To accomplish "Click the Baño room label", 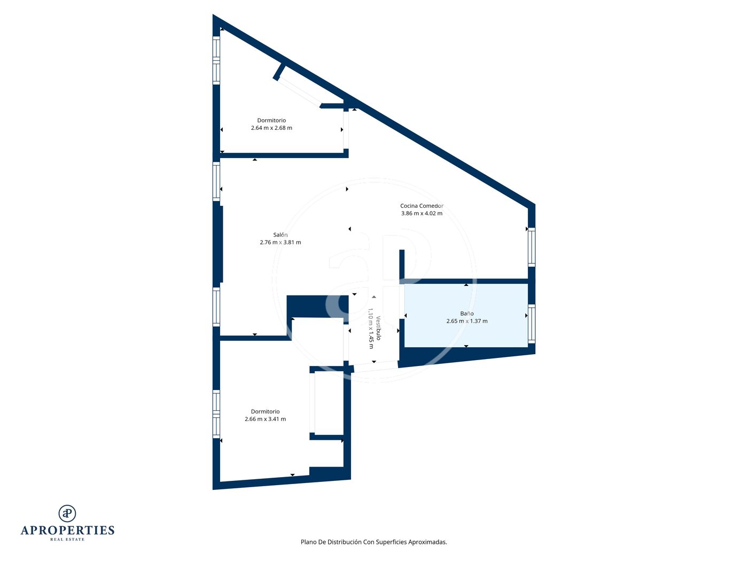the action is pyautogui.click(x=466, y=314).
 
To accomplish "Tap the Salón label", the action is pyautogui.click(x=280, y=235).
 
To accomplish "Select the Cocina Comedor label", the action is pyautogui.click(x=422, y=206).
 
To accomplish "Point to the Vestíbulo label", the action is pyautogui.click(x=378, y=328).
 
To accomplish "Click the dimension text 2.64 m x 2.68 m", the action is pyautogui.click(x=271, y=128).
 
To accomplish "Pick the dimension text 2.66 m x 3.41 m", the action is pyautogui.click(x=265, y=419).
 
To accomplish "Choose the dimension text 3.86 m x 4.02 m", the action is pyautogui.click(x=422, y=214).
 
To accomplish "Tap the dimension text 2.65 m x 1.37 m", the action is pyautogui.click(x=466, y=321).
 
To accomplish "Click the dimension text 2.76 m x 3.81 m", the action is pyautogui.click(x=280, y=243).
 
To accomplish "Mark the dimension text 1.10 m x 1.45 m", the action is pyautogui.click(x=370, y=329).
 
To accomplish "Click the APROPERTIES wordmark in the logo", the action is pyautogui.click(x=67, y=531).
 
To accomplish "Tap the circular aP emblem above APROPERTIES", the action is pyautogui.click(x=67, y=513).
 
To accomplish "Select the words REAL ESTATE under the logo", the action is pyautogui.click(x=67, y=540).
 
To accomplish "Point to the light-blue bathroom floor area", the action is pyautogui.click(x=466, y=315).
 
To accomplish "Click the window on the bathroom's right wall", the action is pyautogui.click(x=531, y=324).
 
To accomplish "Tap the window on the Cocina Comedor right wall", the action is pyautogui.click(x=531, y=247).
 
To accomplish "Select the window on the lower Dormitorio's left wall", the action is pyautogui.click(x=216, y=414).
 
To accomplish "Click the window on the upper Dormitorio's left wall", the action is pyautogui.click(x=216, y=60).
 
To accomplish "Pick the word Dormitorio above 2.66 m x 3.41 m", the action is pyautogui.click(x=265, y=411).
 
